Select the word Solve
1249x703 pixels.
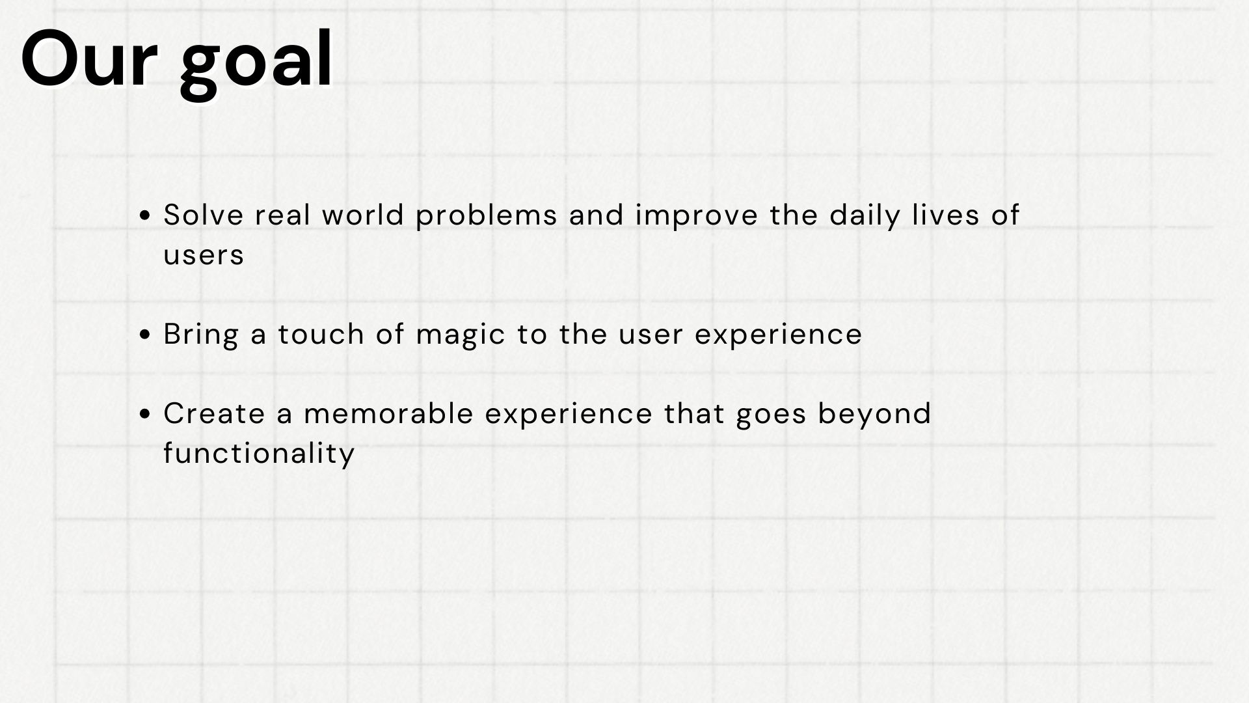coord(204,215)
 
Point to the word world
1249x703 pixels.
coord(364,215)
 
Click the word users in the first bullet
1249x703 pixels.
coord(204,255)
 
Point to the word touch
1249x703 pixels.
coord(321,334)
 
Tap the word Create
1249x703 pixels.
coord(215,413)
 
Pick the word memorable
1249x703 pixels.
coord(388,413)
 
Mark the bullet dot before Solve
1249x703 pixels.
coord(146,215)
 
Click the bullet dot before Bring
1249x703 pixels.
coord(146,335)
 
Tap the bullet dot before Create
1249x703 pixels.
coord(146,414)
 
